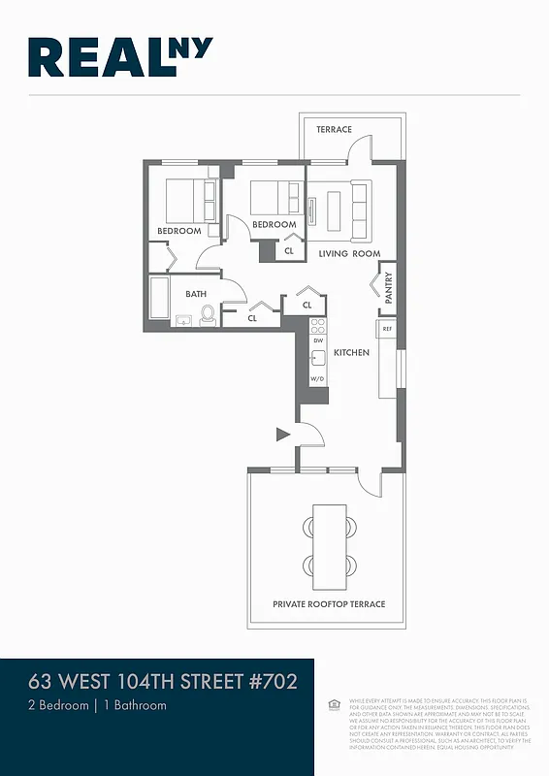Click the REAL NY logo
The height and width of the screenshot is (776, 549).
tap(121, 57)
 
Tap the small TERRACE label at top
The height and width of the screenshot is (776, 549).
tap(335, 130)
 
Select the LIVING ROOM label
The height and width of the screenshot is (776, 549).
tap(349, 254)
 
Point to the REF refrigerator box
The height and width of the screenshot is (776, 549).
tap(387, 330)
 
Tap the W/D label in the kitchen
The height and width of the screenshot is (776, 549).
tap(317, 378)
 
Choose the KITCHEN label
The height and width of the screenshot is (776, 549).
tap(351, 353)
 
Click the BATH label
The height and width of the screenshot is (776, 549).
tap(197, 294)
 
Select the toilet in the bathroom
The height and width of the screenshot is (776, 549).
tap(207, 313)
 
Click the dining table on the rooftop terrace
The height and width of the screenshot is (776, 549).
tap(329, 546)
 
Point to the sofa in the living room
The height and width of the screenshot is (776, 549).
tap(360, 210)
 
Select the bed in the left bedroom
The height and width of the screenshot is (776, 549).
tap(191, 201)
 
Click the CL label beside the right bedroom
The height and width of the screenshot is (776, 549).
tap(288, 250)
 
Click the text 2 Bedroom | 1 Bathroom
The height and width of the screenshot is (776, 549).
tap(97, 705)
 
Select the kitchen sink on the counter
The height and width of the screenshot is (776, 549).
tap(317, 357)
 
